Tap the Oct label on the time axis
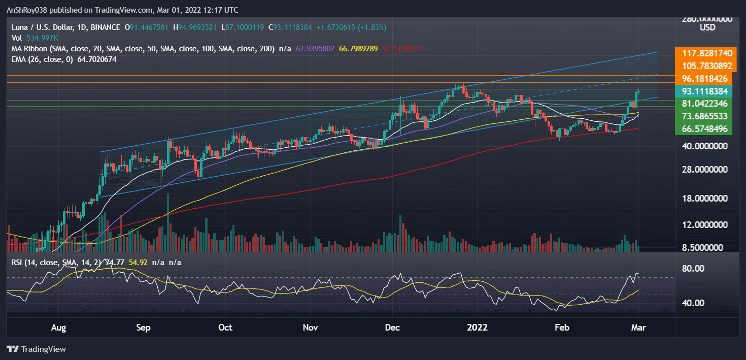pyautogui.click(x=225, y=328)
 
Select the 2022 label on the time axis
pyautogui.click(x=478, y=328)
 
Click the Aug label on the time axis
pyautogui.click(x=59, y=328)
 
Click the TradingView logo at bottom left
pyautogui.click(x=37, y=349)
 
